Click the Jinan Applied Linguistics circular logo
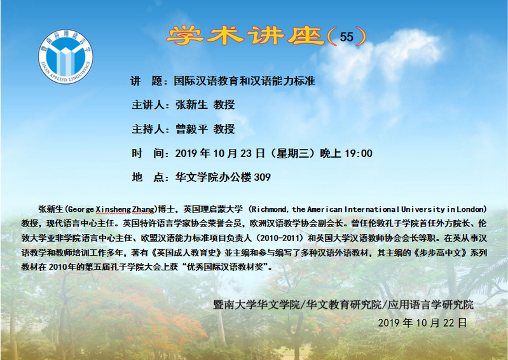click(x=65, y=57)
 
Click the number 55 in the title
click(x=347, y=37)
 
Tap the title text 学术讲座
click(x=246, y=36)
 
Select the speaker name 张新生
click(x=191, y=105)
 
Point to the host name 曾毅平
click(x=191, y=129)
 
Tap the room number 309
click(x=263, y=177)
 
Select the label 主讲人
click(x=148, y=105)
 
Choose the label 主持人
click(x=148, y=129)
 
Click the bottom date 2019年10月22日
click(x=422, y=322)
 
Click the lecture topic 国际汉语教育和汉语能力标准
click(x=245, y=81)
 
